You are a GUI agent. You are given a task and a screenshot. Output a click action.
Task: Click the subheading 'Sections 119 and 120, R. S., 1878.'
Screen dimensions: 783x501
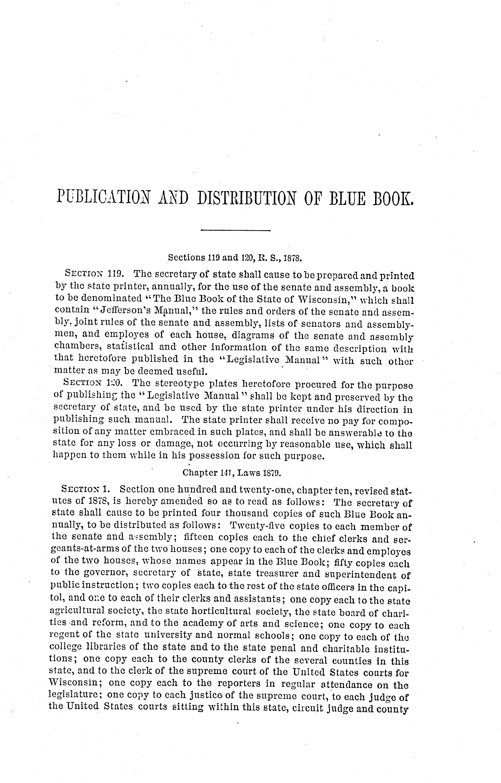coord(235,258)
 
